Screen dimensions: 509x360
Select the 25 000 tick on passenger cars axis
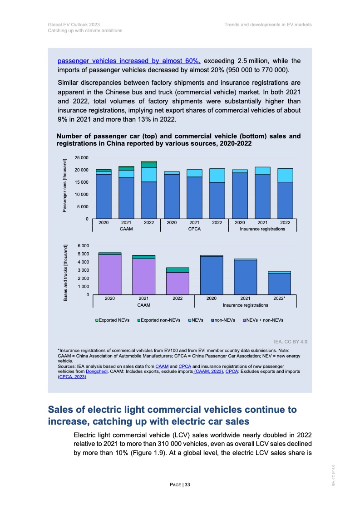tap(82, 157)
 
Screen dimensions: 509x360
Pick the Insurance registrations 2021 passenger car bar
tap(262, 195)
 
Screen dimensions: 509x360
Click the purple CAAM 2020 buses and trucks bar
tap(109, 274)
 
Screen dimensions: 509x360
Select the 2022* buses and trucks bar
tap(279, 284)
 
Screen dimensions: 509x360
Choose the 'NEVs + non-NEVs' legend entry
tap(264, 320)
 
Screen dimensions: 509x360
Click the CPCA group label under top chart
tap(194, 229)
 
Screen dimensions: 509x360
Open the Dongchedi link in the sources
tap(96, 371)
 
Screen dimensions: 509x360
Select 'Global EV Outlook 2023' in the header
tap(74, 24)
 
